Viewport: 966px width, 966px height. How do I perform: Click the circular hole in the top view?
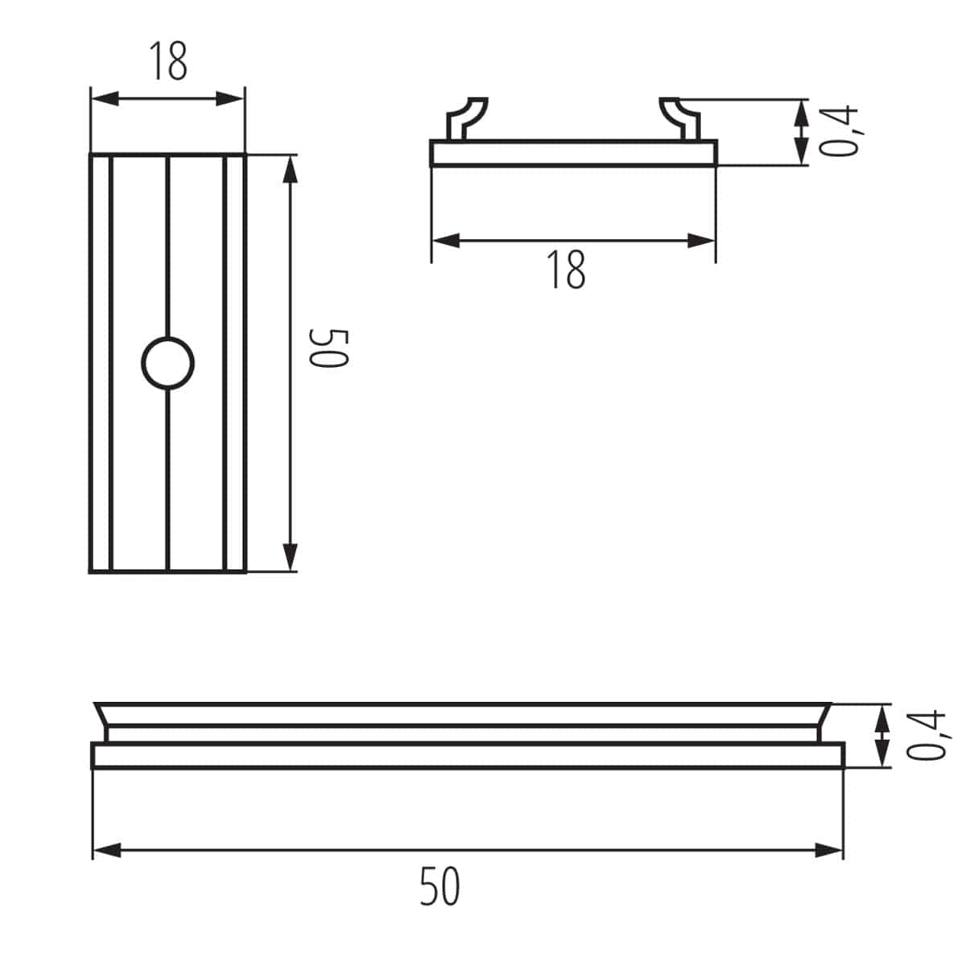point(168,364)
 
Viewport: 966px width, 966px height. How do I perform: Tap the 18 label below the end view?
point(567,270)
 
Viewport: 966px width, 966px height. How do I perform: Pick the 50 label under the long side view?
point(440,886)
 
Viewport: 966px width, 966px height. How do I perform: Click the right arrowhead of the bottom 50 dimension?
point(830,849)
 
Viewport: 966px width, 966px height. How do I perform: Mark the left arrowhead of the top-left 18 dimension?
point(104,98)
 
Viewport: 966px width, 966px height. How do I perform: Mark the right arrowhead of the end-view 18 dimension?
point(702,240)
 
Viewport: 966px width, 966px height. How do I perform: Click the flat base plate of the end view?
point(573,154)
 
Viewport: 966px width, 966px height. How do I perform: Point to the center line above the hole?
point(167,242)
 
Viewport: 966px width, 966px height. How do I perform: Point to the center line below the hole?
point(167,483)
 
